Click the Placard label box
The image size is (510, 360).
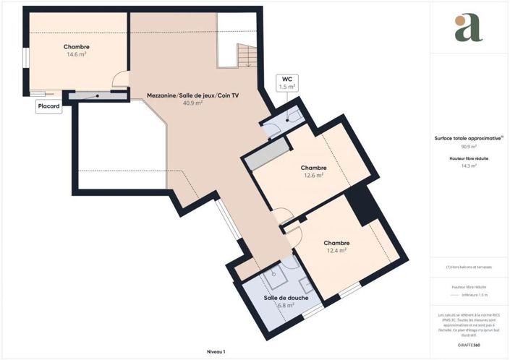point(49,106)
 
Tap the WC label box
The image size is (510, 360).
point(287,82)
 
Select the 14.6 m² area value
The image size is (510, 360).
point(77,54)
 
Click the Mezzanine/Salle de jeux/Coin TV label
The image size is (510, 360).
point(192,95)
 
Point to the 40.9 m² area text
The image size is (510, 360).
point(192,103)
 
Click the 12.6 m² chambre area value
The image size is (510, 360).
point(313,175)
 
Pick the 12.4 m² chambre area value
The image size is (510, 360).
point(336,251)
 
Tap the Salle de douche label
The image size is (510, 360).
point(282,298)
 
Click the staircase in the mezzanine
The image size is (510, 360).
point(247,55)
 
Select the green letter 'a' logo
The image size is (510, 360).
point(468,28)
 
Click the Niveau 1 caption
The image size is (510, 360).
point(216,351)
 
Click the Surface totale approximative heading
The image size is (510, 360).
point(467,138)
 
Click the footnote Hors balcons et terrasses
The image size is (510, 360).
point(469,267)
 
